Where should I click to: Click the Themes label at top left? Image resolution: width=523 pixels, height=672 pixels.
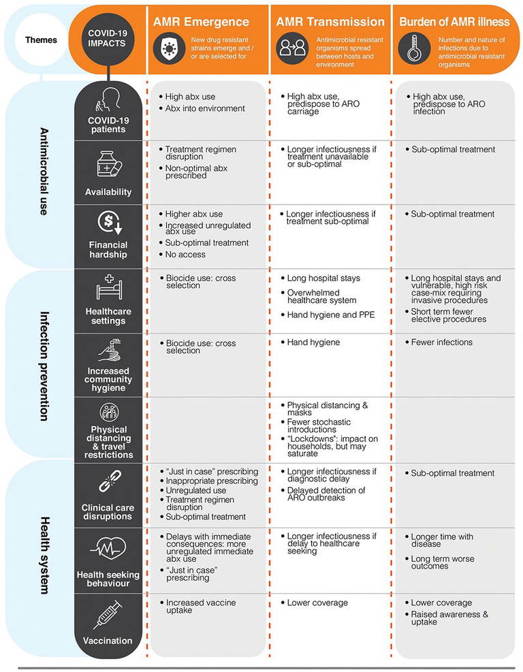41,39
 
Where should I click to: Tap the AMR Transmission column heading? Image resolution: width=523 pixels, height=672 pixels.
330,21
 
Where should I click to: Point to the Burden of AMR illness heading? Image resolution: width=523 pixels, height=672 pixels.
456,21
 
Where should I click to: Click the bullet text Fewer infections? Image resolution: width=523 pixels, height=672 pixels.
441,342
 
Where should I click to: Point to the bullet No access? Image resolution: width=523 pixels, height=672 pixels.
186,255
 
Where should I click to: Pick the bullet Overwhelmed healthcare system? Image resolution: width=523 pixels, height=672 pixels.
321,296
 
